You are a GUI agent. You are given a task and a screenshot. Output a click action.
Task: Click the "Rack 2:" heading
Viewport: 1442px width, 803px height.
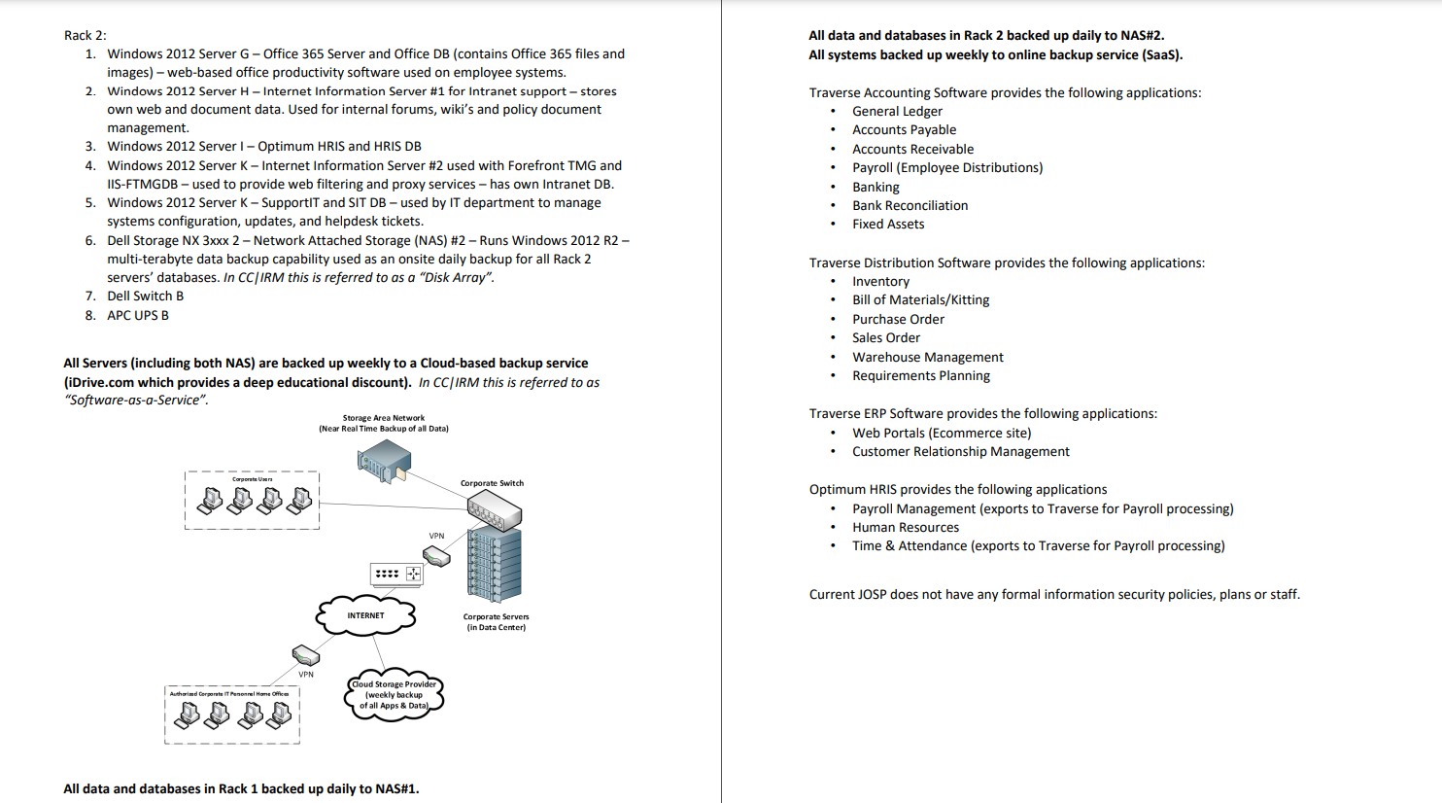coord(86,35)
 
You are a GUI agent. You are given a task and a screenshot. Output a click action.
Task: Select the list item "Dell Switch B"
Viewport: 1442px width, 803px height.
coord(145,297)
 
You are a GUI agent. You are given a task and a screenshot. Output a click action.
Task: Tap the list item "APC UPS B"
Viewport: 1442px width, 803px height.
coord(138,315)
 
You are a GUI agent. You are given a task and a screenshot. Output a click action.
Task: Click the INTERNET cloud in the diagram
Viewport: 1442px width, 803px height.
coord(365,615)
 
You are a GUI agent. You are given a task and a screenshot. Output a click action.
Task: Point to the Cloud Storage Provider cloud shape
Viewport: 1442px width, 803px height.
coord(395,695)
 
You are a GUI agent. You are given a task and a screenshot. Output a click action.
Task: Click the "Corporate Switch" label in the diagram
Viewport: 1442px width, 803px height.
coord(492,483)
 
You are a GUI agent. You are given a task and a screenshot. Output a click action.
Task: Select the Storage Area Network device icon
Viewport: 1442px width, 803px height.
coord(384,461)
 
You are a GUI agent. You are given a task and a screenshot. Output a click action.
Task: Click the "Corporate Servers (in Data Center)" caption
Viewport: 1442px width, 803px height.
coord(496,622)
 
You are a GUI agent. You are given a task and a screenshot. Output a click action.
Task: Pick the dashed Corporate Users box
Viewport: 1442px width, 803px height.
coord(252,501)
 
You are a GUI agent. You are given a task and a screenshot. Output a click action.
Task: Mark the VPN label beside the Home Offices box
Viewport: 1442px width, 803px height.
coord(306,674)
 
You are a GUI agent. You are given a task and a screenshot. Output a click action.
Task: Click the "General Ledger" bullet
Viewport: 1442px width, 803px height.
coord(897,111)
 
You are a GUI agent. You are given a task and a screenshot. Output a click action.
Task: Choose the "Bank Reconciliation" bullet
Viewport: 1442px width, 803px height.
coord(910,205)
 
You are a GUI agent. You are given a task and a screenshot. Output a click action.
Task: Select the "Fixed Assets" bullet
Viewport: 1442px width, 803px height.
coord(888,224)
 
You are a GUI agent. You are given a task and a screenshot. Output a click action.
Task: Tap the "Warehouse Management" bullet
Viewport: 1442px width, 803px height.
coord(928,357)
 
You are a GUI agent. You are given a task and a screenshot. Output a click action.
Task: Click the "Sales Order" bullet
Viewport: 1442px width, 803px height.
coord(886,337)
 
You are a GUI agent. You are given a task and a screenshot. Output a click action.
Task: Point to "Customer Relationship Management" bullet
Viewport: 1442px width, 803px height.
coord(960,451)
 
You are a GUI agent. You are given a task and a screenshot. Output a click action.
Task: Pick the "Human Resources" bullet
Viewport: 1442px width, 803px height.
coord(906,527)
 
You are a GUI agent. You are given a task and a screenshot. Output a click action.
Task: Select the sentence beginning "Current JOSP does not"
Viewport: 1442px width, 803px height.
coord(1054,594)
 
